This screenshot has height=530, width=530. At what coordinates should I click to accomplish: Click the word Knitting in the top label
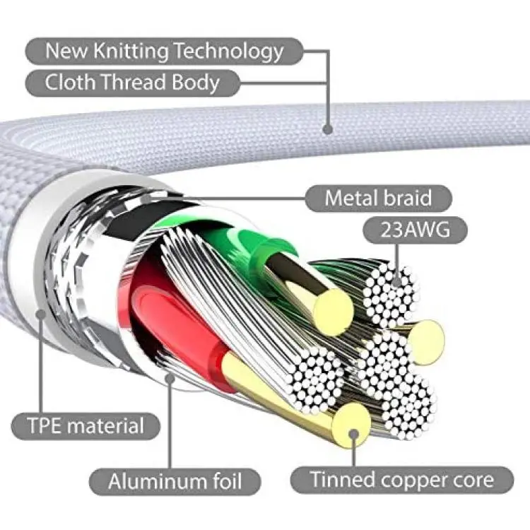(131, 52)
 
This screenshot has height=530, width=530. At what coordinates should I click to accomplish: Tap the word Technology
(229, 52)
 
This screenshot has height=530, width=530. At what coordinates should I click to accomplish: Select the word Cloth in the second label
(70, 82)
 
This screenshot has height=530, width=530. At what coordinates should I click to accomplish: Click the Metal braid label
(379, 198)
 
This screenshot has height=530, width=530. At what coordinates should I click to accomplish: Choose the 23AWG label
(416, 230)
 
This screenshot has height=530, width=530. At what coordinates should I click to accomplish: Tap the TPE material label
(86, 425)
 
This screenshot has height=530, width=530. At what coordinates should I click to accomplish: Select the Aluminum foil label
(175, 481)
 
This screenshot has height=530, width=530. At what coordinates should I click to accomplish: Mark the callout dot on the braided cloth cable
(327, 129)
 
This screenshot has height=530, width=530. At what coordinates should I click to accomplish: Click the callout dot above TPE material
(41, 314)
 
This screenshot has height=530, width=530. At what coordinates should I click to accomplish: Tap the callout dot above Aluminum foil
(170, 378)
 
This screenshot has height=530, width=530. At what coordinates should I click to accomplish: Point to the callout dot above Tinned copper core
(353, 434)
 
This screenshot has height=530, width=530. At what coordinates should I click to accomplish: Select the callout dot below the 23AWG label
(397, 281)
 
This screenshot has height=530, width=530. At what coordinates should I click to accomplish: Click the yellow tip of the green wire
(333, 312)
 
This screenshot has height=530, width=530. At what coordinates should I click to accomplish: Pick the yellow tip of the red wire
(351, 425)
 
